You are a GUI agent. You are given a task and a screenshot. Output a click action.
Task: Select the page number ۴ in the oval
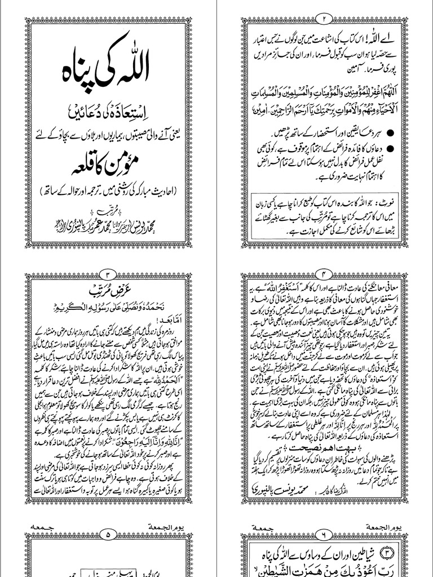pos(324,274)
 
